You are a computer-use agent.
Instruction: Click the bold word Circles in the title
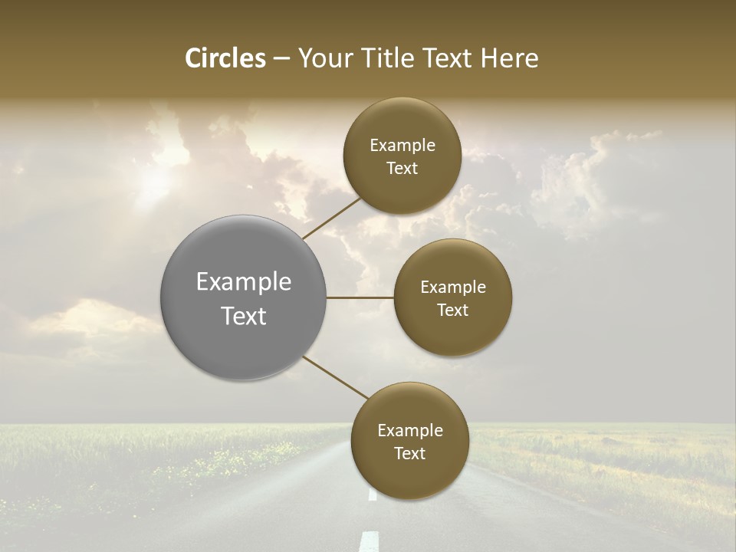click(225, 58)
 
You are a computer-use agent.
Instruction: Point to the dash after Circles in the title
click(281, 59)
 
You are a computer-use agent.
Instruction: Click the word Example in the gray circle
click(244, 282)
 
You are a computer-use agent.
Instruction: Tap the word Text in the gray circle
click(244, 316)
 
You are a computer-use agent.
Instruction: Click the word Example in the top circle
click(402, 146)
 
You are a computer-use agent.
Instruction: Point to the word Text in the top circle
click(402, 169)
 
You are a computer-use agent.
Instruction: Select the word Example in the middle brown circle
click(453, 287)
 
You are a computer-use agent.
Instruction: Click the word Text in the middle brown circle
click(452, 310)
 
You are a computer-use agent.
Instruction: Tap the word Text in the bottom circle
click(409, 454)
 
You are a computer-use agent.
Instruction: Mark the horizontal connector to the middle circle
click(360, 297)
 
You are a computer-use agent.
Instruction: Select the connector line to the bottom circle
click(335, 377)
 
